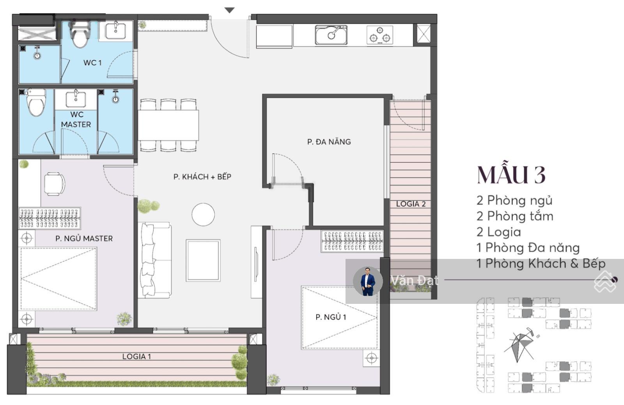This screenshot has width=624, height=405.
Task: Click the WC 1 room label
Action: [92, 62]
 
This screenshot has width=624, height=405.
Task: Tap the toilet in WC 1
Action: [80, 35]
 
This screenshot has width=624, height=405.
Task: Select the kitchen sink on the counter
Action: [331, 35]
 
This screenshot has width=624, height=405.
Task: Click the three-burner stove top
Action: [380, 35]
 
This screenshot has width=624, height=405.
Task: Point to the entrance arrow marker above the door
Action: [229, 10]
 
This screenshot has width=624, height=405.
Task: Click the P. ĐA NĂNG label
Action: [329, 142]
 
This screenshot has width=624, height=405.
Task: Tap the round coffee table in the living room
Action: [203, 214]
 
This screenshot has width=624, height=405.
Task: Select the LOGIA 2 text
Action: [411, 204]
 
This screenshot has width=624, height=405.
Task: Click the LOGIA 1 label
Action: [136, 356]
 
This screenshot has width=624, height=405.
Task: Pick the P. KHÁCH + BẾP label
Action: [202, 177]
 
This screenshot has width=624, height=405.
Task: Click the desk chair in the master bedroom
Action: [55, 184]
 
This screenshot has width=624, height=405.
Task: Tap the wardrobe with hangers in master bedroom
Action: [50, 218]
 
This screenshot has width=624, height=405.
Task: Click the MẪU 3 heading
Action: [511, 175]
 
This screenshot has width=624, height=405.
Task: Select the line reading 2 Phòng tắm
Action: [515, 216]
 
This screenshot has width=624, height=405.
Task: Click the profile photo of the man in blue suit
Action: [368, 281]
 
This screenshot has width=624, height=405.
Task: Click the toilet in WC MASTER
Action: [36, 102]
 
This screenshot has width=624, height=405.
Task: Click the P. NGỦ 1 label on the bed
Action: [331, 317]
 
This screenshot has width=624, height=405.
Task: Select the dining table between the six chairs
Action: [168, 125]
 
